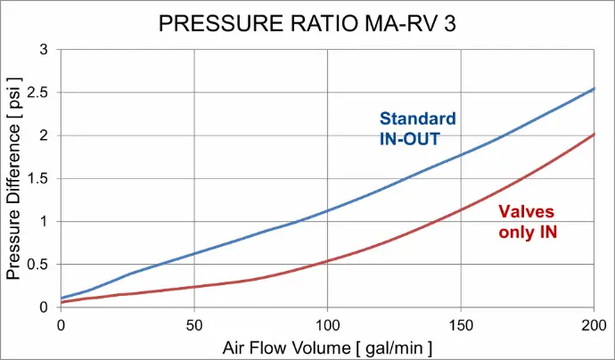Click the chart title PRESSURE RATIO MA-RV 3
[307, 24]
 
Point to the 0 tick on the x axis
[61, 323]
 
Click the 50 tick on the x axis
[194, 323]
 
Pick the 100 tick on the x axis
[327, 323]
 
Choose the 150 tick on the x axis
[461, 323]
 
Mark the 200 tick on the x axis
[594, 323]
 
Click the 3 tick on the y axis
[44, 49]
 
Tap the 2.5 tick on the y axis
[38, 92]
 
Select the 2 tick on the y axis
[44, 135]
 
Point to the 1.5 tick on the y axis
[38, 178]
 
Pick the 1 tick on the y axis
[44, 221]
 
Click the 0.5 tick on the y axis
[38, 264]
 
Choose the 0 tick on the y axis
[44, 307]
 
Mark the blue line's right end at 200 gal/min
[594, 89]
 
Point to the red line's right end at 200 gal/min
[594, 134]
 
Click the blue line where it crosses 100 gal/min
[327, 211]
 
